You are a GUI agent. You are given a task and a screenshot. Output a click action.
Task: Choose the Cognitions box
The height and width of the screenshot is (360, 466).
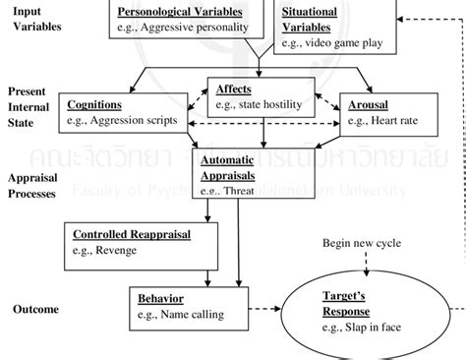pos(129,111)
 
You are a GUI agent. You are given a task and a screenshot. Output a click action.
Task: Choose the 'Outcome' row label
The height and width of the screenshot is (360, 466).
pos(34,309)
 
